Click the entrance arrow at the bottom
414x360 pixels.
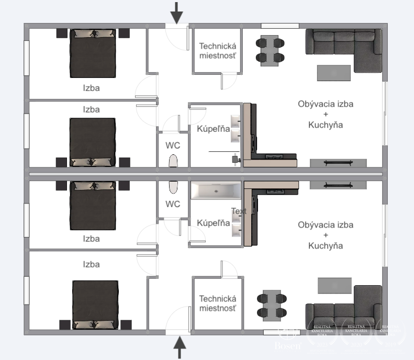pos(180,347)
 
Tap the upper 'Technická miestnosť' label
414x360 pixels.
pos(218,51)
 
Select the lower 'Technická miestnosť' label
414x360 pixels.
pos(218,303)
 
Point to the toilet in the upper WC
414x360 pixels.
pos(173,161)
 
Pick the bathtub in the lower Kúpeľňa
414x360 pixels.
pos(216,191)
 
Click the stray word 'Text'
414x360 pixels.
pos(239,211)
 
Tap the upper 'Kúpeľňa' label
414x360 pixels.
pos(213,129)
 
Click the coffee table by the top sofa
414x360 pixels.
pos(333,72)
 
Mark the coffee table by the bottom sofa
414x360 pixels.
pos(334,286)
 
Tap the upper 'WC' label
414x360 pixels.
pos(173,144)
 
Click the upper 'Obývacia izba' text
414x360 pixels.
pos(325,104)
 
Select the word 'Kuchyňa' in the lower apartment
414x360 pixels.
pos(326,245)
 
